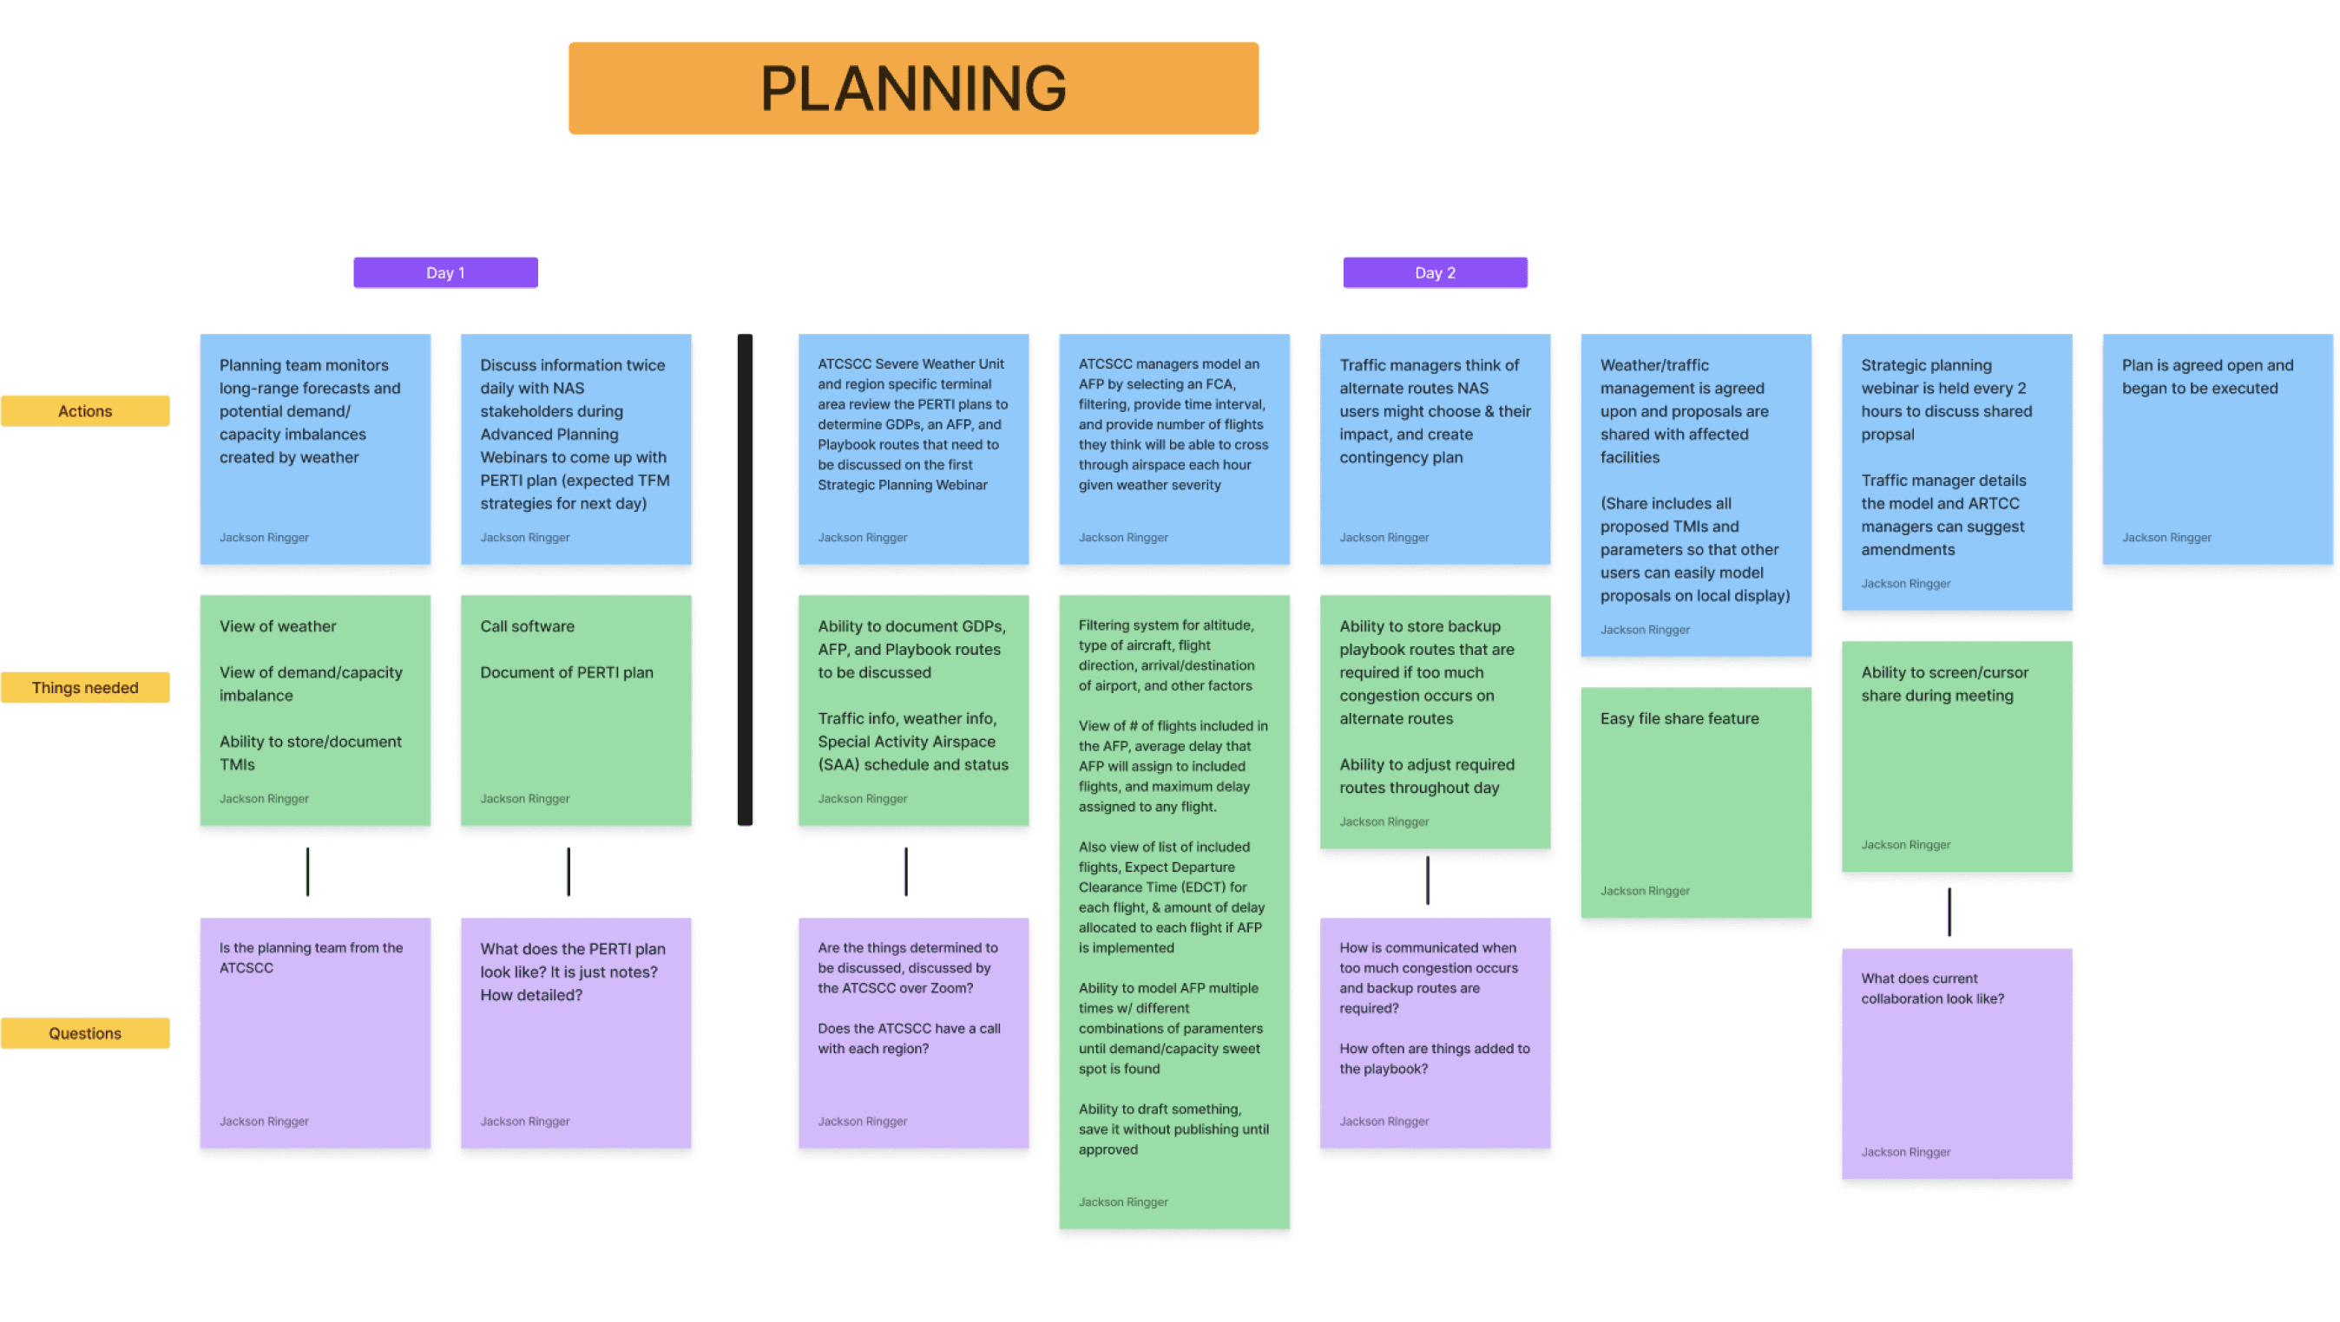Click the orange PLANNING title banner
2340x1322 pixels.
click(x=913, y=88)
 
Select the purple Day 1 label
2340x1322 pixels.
click(x=445, y=272)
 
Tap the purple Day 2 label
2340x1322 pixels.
click(x=1435, y=272)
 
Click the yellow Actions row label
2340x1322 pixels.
click(x=84, y=410)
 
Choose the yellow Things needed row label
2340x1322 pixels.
click(x=84, y=687)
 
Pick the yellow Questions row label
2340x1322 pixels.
click(x=84, y=1032)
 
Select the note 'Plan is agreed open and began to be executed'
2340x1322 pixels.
click(x=2217, y=448)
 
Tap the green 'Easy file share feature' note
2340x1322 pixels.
click(x=1695, y=802)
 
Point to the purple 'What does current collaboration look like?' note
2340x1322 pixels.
click(x=1955, y=1063)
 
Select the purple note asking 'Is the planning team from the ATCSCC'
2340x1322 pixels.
click(x=314, y=1032)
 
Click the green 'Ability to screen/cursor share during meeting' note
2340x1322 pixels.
click(x=1955, y=756)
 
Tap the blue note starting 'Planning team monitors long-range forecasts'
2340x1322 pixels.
click(x=314, y=448)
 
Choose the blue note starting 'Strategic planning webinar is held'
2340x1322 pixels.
click(x=1955, y=471)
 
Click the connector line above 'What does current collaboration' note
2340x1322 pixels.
click(x=1949, y=911)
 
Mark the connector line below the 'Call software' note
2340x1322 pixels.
click(x=569, y=872)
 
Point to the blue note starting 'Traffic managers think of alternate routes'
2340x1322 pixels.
click(x=1435, y=448)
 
